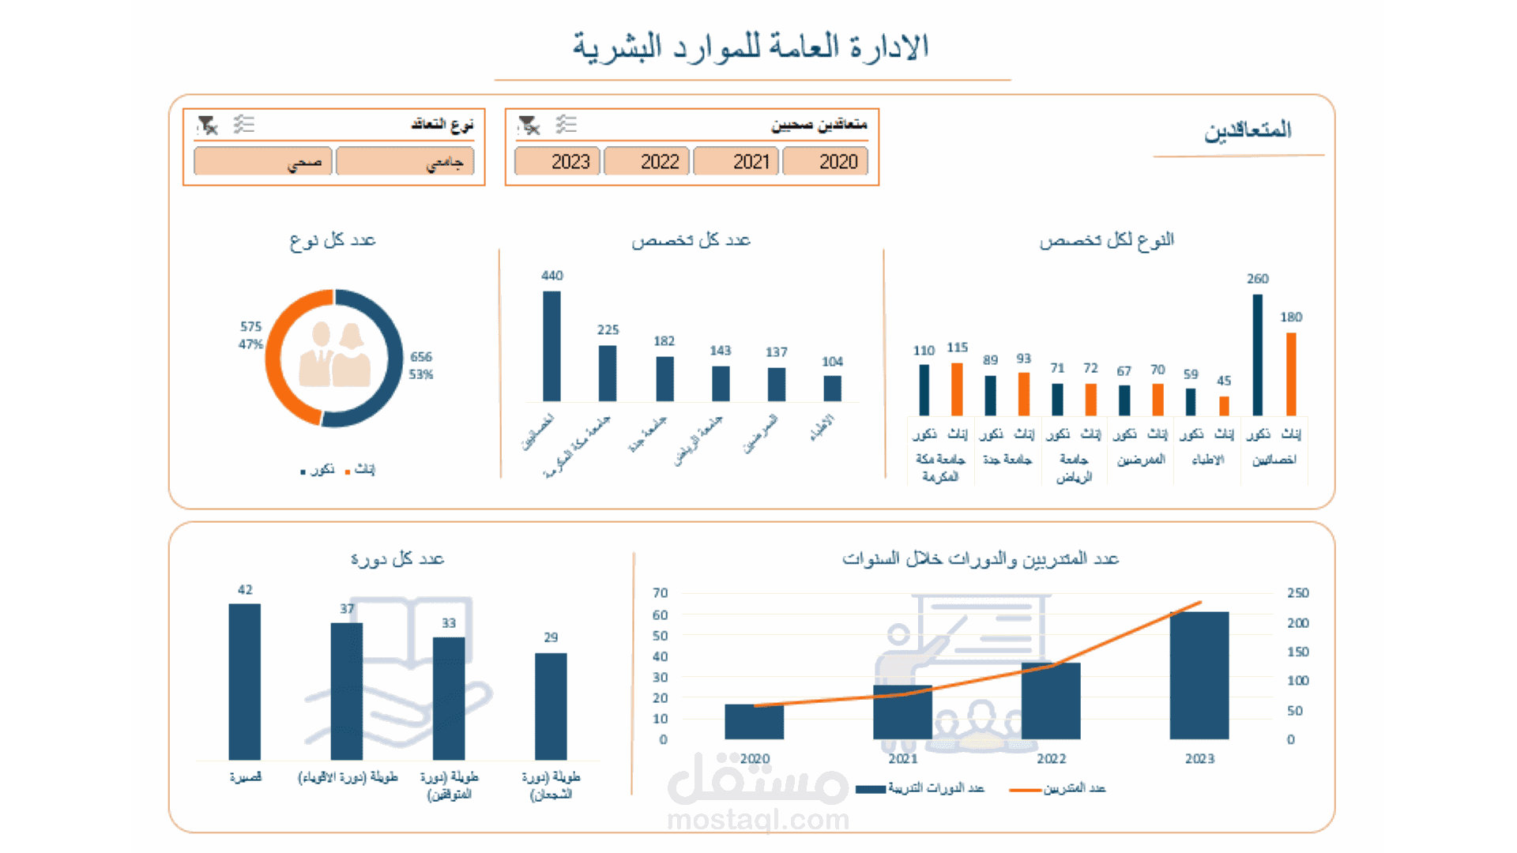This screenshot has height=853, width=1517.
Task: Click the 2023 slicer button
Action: pos(558,161)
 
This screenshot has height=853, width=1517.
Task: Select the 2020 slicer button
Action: pos(826,161)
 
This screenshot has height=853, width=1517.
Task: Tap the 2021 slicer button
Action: pos(736,161)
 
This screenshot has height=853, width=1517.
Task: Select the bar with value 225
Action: pos(608,373)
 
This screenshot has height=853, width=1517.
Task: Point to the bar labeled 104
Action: pos(832,388)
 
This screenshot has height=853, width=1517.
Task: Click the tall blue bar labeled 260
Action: pos(1257,355)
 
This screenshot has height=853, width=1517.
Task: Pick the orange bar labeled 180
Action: pos(1291,374)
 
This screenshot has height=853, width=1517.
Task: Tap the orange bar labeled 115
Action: pos(957,389)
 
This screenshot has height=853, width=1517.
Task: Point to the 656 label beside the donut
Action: pos(421,357)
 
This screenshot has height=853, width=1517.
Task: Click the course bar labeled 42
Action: pos(245,681)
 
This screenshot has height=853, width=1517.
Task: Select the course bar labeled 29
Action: pos(551,705)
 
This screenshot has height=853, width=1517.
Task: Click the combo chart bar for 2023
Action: pos(1199,675)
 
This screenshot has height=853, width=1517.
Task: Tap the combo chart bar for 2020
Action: pos(754,721)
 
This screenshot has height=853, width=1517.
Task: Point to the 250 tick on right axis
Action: pos(1297,593)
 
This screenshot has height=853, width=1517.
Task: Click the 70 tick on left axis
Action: pos(661,593)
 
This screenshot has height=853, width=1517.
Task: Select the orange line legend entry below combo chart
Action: pos(1059,789)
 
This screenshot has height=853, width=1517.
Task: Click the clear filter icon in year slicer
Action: pos(529,125)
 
